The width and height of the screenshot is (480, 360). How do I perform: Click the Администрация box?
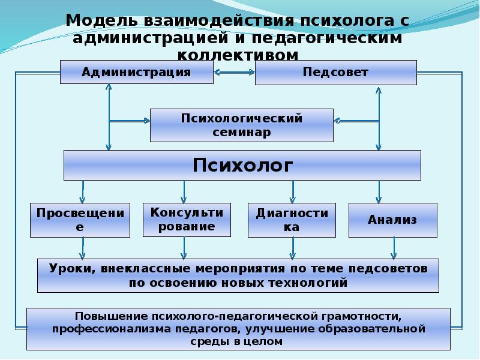click(136, 73)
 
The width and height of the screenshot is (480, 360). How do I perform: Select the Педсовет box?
click(335, 73)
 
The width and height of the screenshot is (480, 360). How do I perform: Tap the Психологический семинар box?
click(241, 125)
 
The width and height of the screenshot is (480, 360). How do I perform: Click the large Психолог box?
click(242, 165)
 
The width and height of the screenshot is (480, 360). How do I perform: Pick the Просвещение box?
click(80, 220)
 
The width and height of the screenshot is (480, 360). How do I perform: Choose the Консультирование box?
click(187, 220)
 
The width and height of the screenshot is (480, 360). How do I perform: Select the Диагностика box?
click(292, 220)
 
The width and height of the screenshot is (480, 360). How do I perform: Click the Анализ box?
click(392, 220)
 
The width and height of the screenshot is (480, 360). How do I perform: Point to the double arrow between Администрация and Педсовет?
click(234, 73)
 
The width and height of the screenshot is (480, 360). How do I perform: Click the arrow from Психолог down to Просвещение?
click(82, 192)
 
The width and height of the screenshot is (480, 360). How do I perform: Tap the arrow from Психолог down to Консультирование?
click(184, 192)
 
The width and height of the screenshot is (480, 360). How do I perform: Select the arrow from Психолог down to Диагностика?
click(292, 192)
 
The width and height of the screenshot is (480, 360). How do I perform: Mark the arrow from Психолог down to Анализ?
click(379, 192)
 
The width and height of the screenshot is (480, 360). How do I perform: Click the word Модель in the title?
click(100, 20)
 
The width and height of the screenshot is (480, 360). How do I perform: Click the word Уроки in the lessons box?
click(68, 269)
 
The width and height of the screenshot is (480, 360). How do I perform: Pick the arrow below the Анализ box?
click(394, 247)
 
